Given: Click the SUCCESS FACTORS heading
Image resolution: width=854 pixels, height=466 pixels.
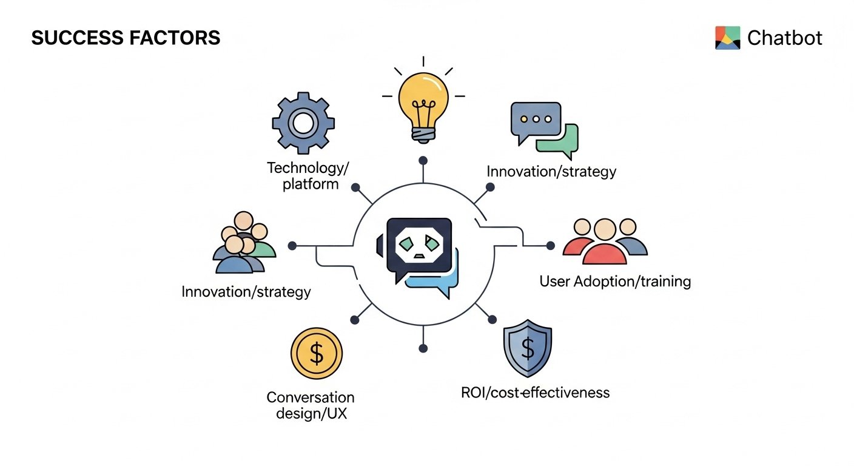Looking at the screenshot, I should click(126, 38).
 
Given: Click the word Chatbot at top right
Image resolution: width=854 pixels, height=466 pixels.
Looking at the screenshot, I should click(784, 38).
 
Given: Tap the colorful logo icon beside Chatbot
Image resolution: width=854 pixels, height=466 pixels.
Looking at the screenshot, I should click(728, 38).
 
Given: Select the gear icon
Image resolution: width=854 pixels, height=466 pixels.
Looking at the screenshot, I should click(303, 124).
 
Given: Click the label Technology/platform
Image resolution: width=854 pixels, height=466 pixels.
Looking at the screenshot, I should click(310, 175).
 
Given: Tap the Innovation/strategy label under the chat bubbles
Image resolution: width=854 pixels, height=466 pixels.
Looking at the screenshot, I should click(551, 172).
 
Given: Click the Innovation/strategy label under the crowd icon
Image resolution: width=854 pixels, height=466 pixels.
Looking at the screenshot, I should click(246, 292).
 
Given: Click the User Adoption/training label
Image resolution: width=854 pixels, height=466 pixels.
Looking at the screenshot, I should click(615, 282).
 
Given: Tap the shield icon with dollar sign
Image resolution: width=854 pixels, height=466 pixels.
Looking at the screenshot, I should click(528, 350).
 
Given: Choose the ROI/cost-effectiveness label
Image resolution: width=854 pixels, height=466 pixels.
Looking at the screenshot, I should click(536, 393).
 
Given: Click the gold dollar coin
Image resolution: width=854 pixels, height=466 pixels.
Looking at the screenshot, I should click(317, 354).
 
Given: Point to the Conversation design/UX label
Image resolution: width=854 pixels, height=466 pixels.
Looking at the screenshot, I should click(311, 406).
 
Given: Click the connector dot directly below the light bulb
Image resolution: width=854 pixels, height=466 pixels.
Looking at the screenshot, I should click(423, 161).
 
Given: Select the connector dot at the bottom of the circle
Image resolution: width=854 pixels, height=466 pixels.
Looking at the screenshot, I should click(423, 348).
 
